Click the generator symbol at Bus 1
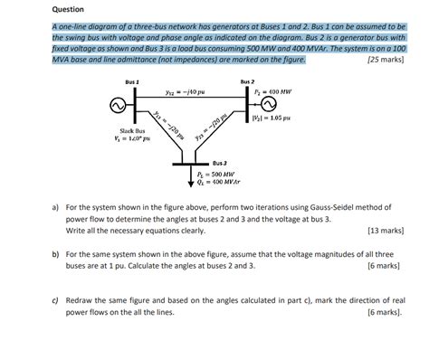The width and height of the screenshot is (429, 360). pyautogui.click(x=116, y=106)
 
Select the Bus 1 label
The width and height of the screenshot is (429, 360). pyautogui.click(x=131, y=82)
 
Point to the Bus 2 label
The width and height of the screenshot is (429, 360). pyautogui.click(x=248, y=82)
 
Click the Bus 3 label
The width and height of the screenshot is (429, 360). pyautogui.click(x=219, y=162)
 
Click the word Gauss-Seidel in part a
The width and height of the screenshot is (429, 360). pyautogui.click(x=323, y=207)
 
